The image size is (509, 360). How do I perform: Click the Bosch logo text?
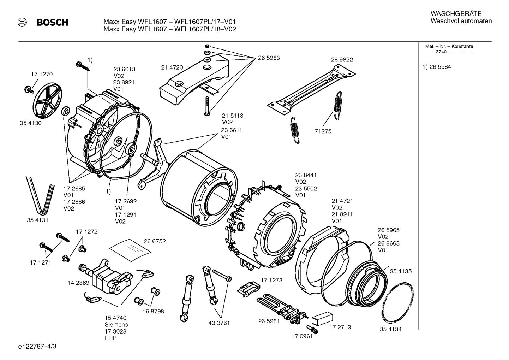point(52,23)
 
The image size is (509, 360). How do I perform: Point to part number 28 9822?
point(342,60)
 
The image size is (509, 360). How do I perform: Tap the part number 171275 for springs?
point(321,131)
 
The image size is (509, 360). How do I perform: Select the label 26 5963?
point(269,58)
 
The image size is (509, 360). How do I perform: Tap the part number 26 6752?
point(155,241)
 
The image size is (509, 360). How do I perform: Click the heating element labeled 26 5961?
point(282,306)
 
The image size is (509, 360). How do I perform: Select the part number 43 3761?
point(219,323)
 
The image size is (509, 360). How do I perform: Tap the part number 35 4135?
point(401,271)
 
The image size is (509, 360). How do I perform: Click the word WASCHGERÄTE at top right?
point(451,14)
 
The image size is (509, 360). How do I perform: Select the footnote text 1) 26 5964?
point(437,67)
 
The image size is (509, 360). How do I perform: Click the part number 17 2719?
point(340,327)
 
